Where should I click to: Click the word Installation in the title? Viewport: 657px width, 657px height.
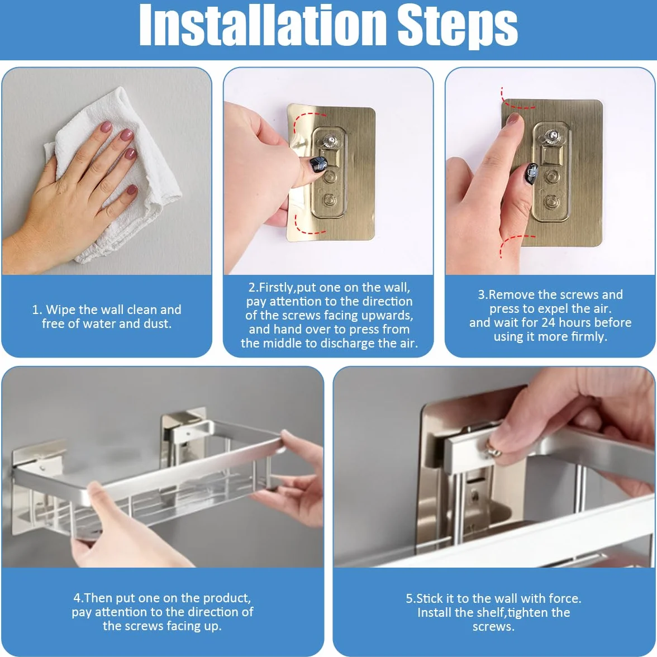(263, 25)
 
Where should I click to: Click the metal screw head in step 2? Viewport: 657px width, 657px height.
(327, 139)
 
